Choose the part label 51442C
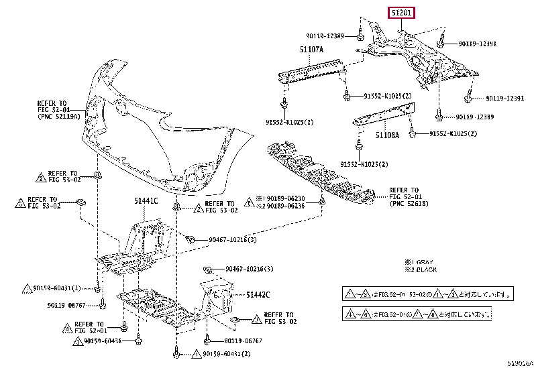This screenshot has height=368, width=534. click(257, 294)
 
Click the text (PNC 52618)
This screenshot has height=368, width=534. click(410, 204)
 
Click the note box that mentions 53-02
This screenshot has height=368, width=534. click(429, 294)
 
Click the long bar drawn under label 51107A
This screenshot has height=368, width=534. click(311, 69)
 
